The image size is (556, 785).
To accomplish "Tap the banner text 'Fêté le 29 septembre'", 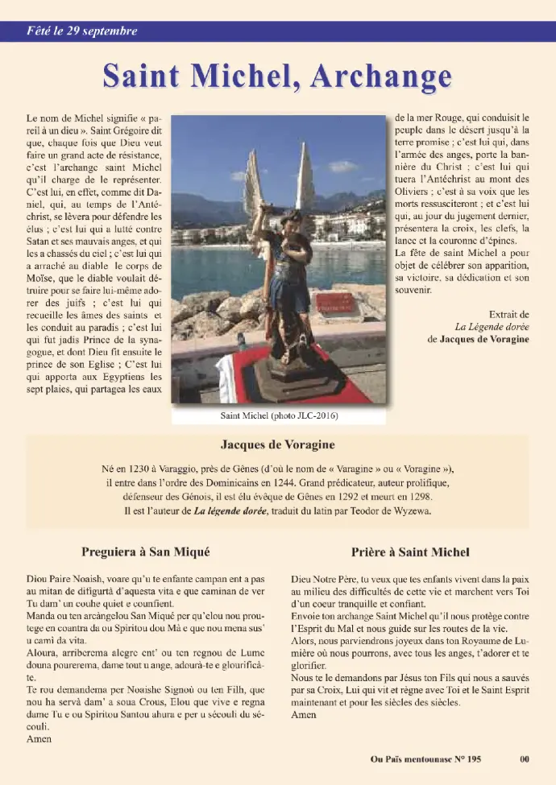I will click(80, 31).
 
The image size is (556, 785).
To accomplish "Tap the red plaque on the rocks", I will click(335, 303).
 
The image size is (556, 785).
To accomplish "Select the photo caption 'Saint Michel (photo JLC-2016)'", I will click(279, 415).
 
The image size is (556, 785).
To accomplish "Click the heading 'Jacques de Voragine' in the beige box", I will click(278, 444).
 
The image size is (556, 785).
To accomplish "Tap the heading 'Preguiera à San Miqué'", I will click(146, 552).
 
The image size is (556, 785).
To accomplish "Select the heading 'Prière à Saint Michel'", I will click(410, 552).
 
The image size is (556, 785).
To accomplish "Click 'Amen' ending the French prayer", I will click(304, 714).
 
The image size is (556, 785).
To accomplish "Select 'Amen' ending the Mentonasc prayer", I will click(39, 737).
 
